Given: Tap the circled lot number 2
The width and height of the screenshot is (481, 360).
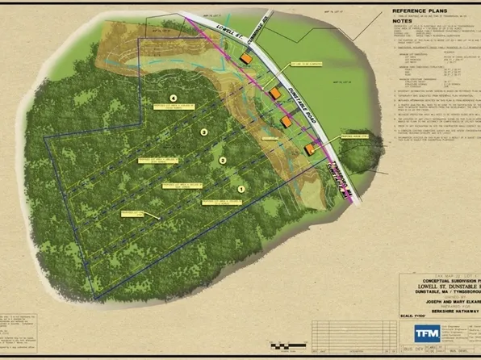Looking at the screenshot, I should click(222, 161).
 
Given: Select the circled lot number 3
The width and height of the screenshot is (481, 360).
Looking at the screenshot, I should click(204, 132).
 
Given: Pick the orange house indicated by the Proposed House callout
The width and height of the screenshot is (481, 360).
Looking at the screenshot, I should click(309, 149).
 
